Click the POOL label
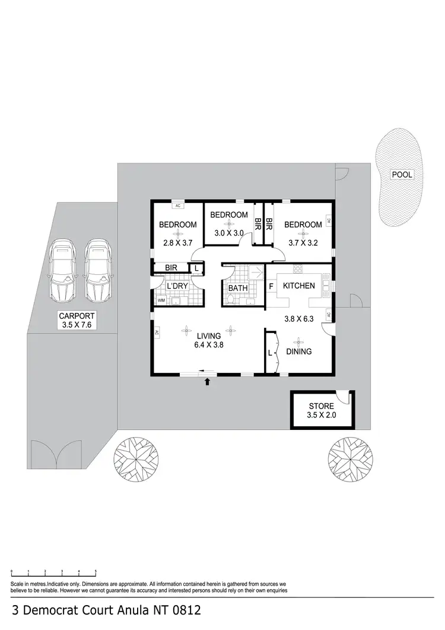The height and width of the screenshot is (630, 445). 402,175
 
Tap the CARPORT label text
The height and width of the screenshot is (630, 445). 77,316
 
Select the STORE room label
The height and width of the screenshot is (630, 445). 321,406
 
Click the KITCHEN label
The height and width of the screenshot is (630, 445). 298,286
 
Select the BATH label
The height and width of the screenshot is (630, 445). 238,289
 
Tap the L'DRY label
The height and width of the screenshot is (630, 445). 177,286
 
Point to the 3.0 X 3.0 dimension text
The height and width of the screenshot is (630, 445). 228,233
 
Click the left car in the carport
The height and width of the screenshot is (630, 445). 62,270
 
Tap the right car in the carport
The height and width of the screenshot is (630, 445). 96,270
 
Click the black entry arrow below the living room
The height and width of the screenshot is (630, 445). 206,382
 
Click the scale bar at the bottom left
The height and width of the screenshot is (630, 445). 53,572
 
